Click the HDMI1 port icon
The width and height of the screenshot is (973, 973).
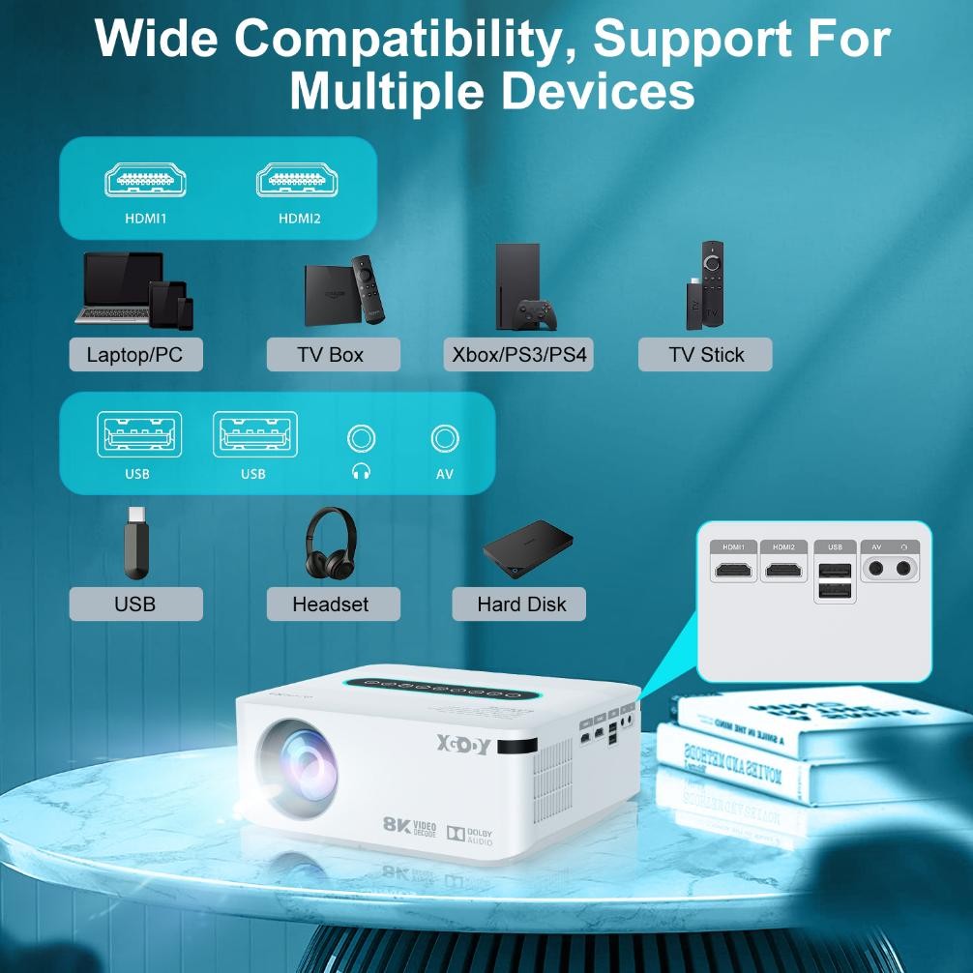[x=145, y=180]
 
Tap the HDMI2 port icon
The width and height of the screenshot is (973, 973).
[x=299, y=180]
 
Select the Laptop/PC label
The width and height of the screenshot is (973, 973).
[x=134, y=355]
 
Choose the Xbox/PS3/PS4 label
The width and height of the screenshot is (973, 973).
[x=519, y=355]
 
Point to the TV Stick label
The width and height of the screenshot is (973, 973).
[x=706, y=355]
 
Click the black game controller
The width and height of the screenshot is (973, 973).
[x=534, y=313]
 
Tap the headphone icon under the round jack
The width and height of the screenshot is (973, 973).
[x=362, y=472]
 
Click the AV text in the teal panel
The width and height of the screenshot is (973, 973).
[x=445, y=474]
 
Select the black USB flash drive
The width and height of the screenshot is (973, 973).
[x=136, y=543]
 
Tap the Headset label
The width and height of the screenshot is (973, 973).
[x=331, y=604]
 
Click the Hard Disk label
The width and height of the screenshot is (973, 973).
[x=521, y=604]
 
